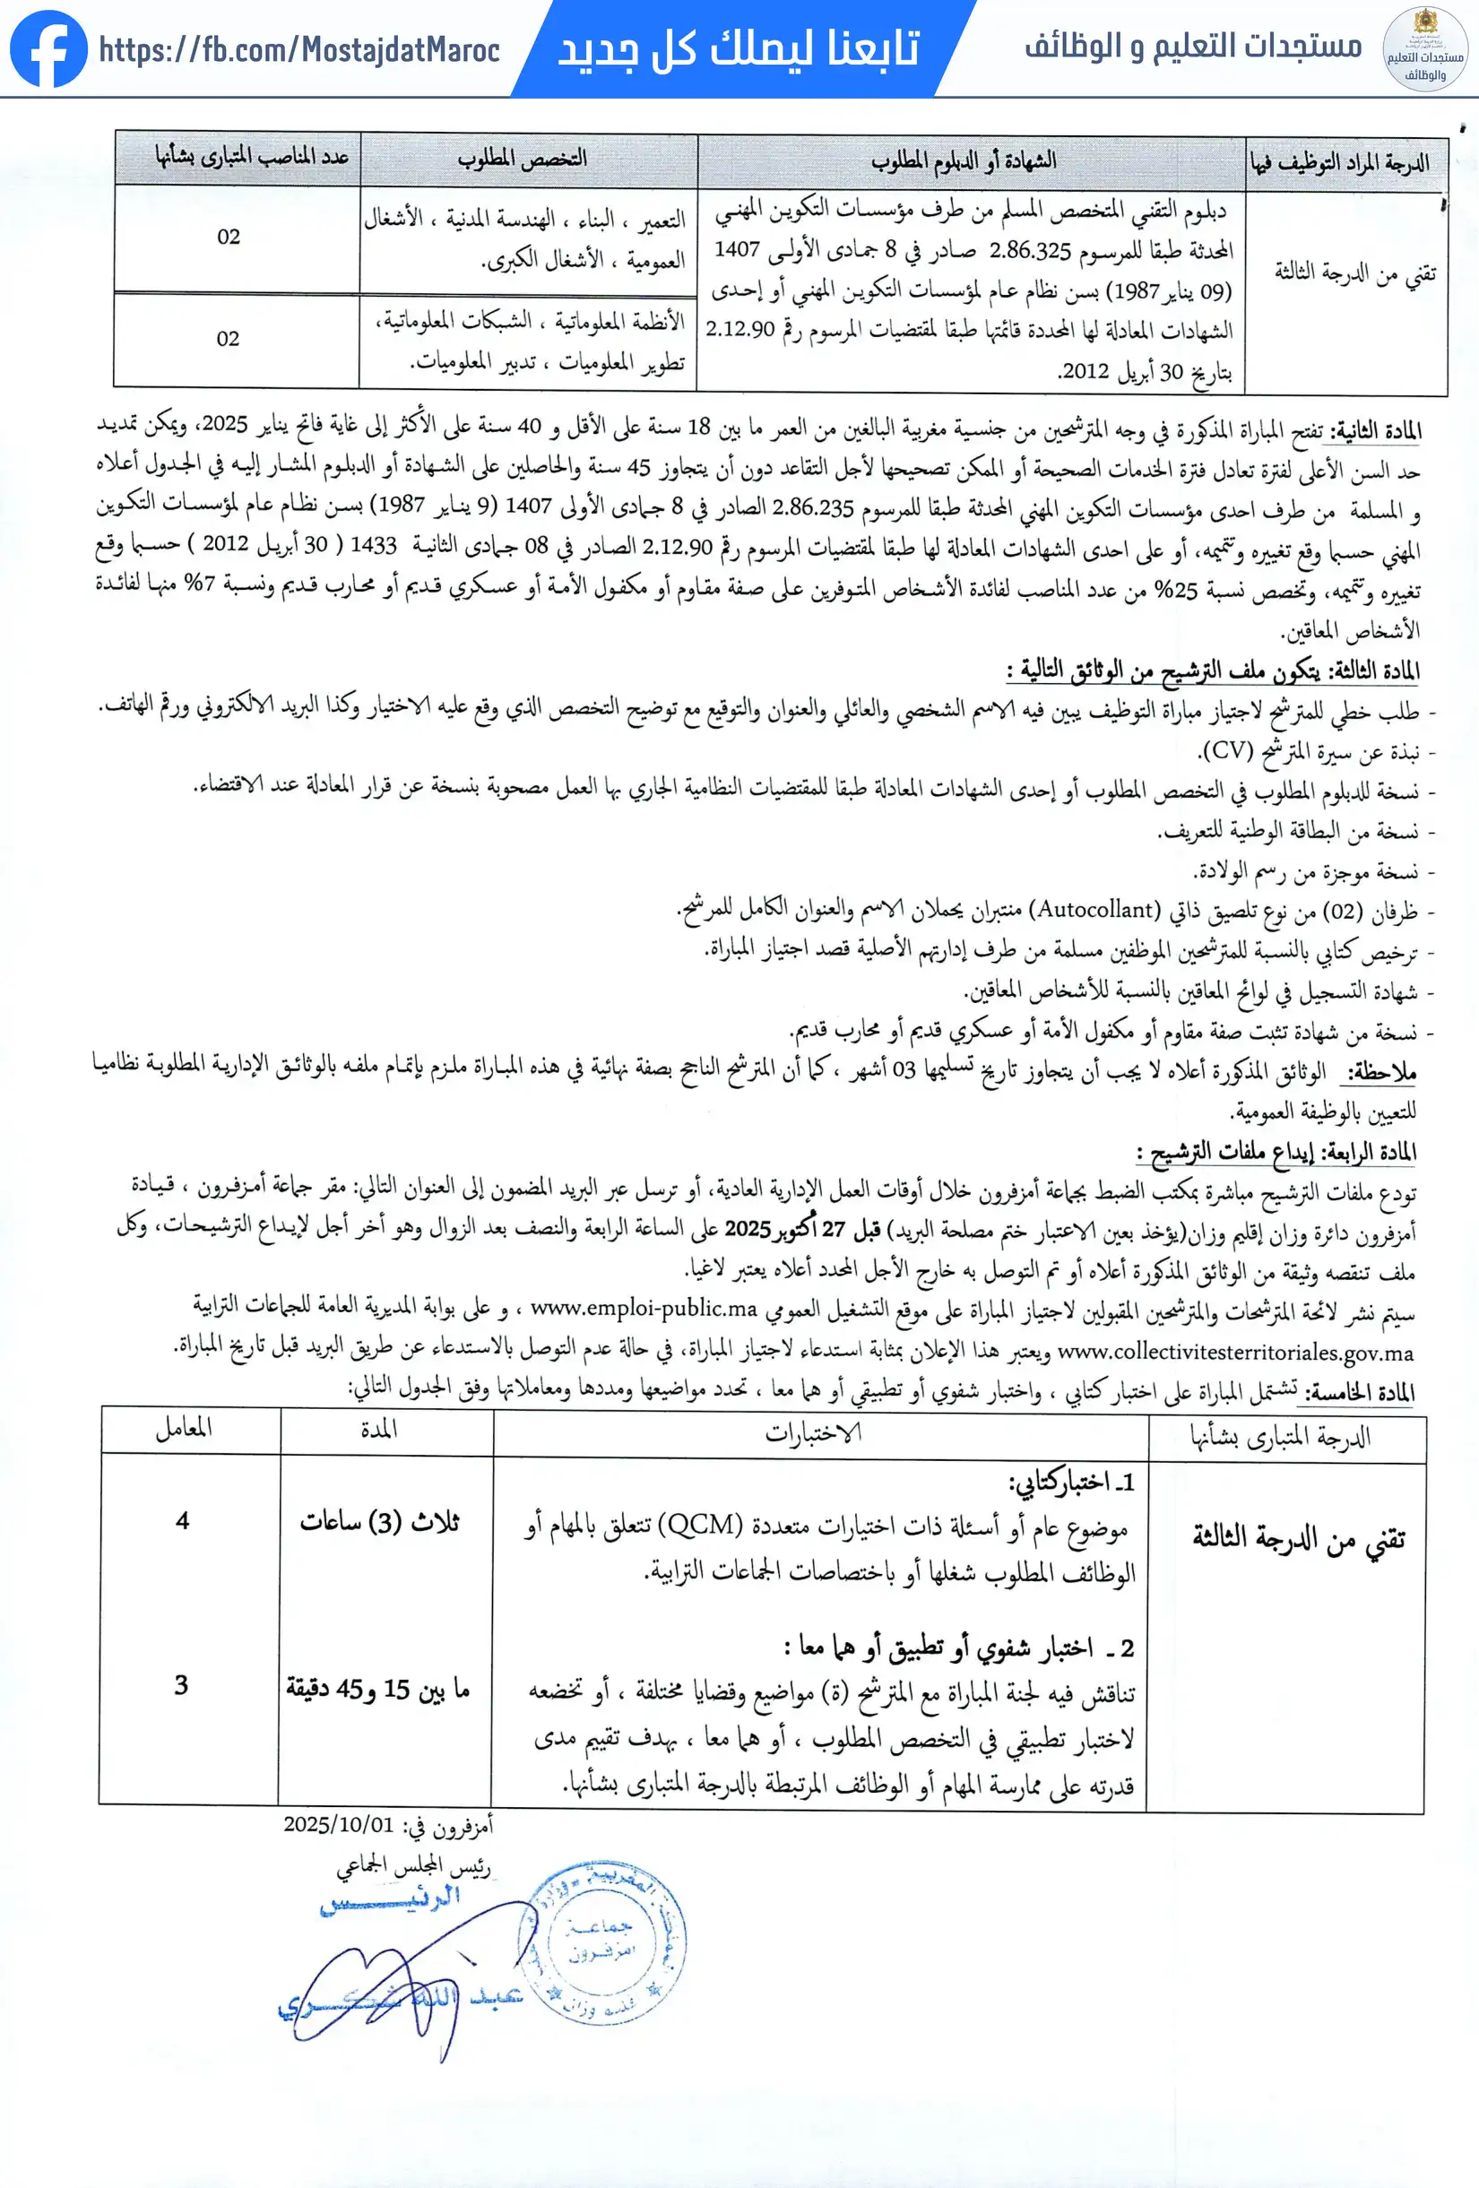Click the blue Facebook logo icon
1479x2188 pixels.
tap(48, 49)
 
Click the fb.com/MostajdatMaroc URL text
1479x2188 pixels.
tap(299, 50)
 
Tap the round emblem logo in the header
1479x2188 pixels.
tap(1424, 49)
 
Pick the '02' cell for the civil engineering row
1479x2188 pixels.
tap(229, 238)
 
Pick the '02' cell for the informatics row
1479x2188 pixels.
tap(228, 339)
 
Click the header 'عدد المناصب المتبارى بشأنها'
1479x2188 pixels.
tap(251, 156)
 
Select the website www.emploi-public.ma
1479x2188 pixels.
tap(644, 1308)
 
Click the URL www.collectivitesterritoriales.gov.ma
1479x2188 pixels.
tap(1235, 1353)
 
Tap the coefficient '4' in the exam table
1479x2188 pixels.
tap(183, 1520)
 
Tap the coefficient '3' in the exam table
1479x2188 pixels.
tap(182, 1685)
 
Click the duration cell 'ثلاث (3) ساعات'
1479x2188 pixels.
tap(380, 1521)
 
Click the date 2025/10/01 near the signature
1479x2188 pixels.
tap(338, 1824)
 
